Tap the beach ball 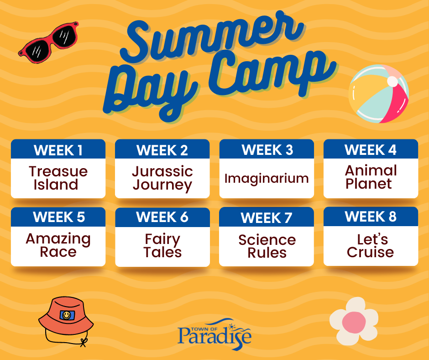click(x=379, y=94)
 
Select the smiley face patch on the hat click(x=67, y=315)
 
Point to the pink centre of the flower click(x=354, y=322)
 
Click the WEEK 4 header click(x=371, y=150)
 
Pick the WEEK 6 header click(x=162, y=217)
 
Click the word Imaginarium click(x=267, y=179)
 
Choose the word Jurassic click(x=162, y=171)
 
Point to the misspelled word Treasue click(x=58, y=171)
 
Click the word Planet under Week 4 click(x=369, y=184)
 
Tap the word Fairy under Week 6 click(x=162, y=239)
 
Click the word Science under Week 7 click(x=267, y=240)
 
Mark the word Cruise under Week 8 click(x=371, y=252)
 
